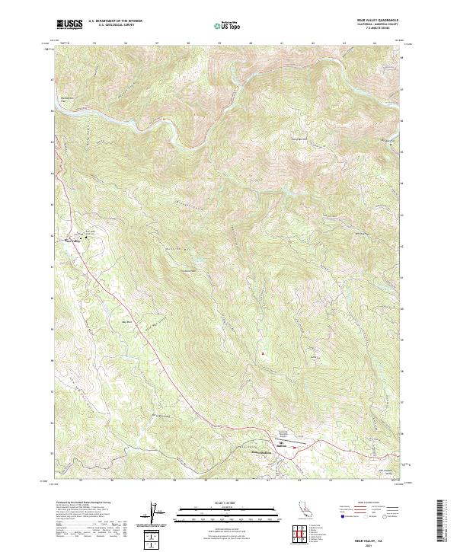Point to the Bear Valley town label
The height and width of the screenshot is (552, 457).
[x=72, y=241]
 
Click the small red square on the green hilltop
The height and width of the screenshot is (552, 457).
[x=263, y=353]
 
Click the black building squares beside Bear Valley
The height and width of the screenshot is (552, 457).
[x=86, y=238]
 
